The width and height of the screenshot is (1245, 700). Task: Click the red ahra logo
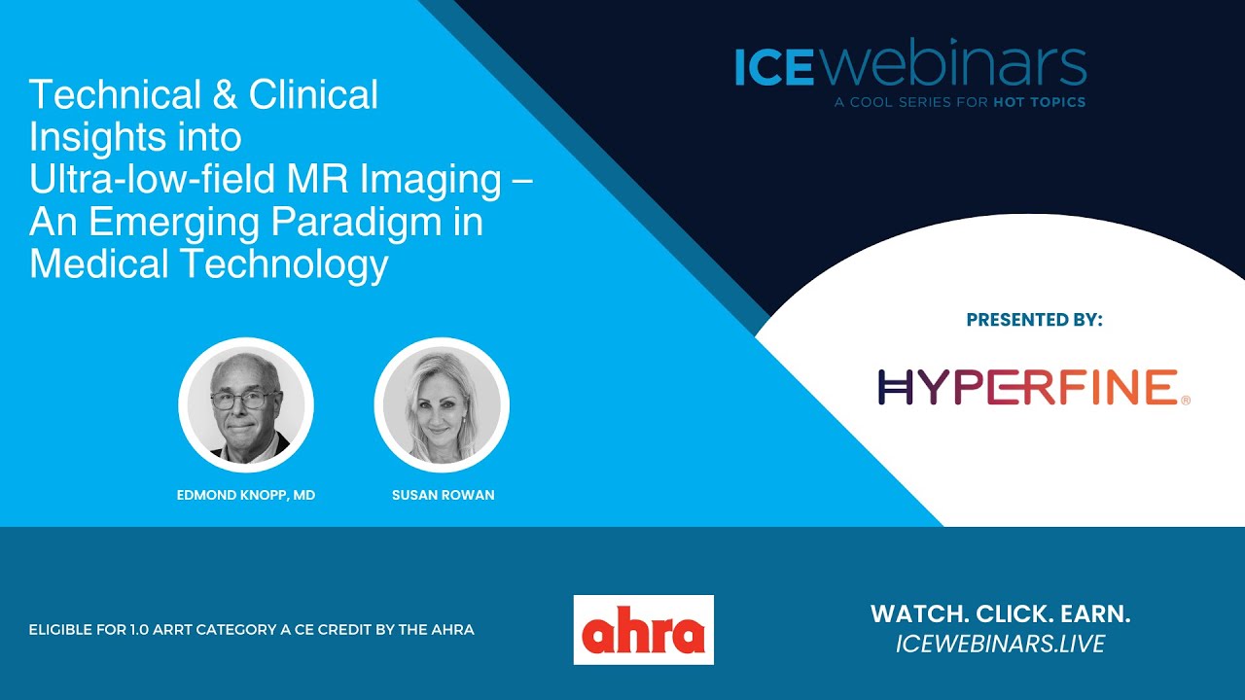coord(643,630)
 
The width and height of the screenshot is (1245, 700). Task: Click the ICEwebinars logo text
coord(910,65)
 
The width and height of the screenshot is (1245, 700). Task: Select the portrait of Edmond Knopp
coord(246,404)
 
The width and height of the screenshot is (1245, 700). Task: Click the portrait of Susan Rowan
coord(442,404)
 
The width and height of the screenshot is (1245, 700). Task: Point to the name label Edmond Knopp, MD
coord(246,495)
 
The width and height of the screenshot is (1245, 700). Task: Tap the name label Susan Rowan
coord(443,495)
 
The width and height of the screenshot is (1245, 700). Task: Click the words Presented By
coord(1035,320)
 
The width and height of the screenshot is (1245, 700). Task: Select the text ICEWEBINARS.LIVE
coord(1000,644)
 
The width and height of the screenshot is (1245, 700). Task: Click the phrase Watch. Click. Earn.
coord(1000,614)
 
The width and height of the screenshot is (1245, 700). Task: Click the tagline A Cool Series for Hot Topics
coord(959,102)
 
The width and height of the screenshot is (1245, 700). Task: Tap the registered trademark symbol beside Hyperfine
coord(1184,400)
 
